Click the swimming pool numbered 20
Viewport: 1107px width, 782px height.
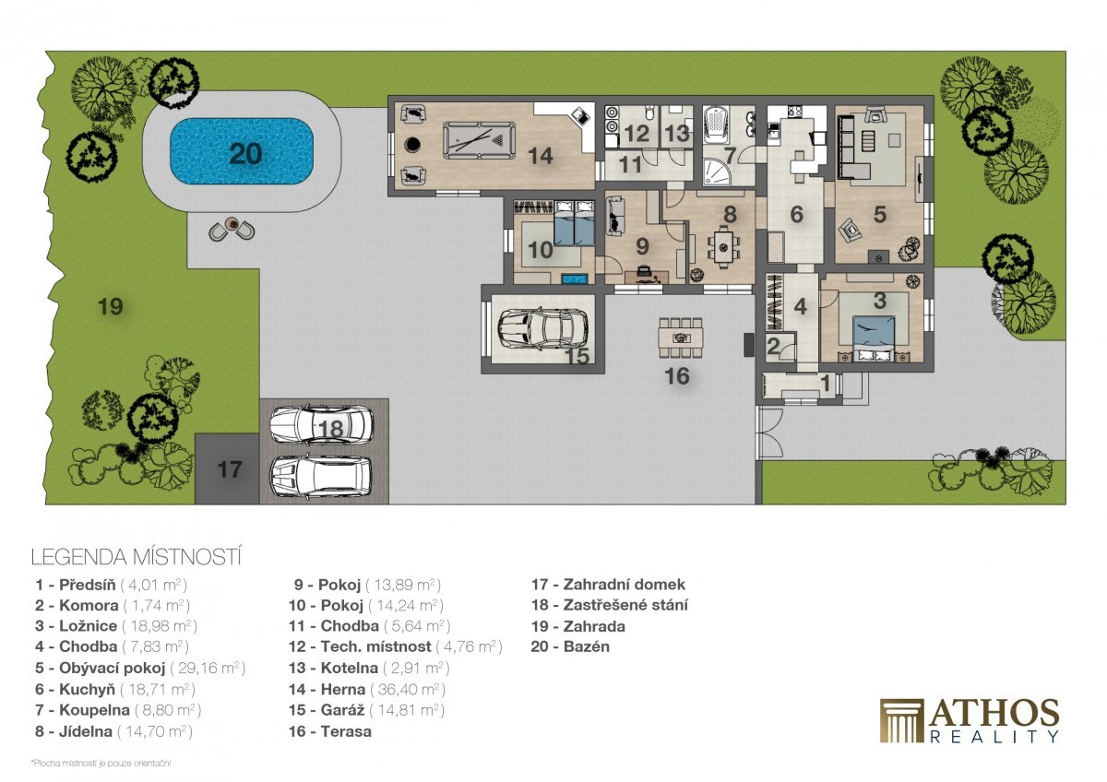coord(242,150)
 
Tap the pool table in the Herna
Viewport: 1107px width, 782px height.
coord(479,141)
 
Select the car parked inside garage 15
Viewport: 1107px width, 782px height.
coord(542,328)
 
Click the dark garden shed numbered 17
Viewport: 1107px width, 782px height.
coord(227,468)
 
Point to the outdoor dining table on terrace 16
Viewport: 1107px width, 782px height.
coord(681,338)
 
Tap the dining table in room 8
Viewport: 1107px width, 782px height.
coord(724,247)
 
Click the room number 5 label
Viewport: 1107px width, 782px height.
coord(880,214)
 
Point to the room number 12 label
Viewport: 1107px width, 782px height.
coord(637,134)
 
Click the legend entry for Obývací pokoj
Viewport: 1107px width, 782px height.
coord(140,668)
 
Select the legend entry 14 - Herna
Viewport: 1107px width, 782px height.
coord(367,689)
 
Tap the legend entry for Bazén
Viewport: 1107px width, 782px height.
coord(570,646)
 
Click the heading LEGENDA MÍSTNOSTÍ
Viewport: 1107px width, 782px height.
coord(136,557)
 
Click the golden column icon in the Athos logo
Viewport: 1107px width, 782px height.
coord(901,721)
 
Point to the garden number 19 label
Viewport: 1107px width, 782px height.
coord(110,306)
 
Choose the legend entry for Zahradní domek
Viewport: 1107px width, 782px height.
coord(608,585)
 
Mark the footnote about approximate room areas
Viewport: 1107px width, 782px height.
coord(101,764)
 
